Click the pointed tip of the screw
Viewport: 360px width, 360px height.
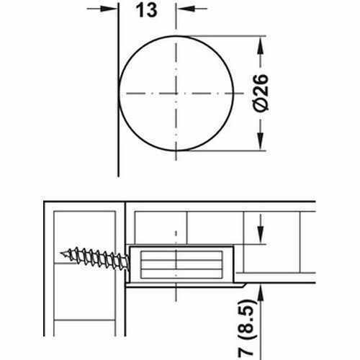tap(63, 254)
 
